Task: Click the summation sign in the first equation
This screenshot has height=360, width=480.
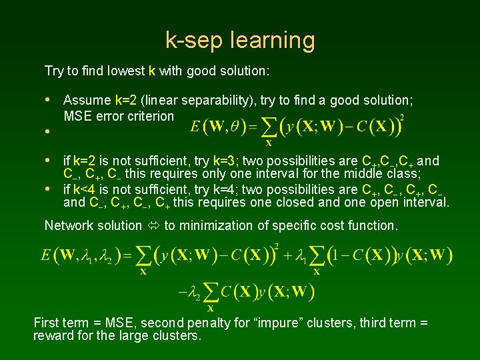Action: pyautogui.click(x=269, y=126)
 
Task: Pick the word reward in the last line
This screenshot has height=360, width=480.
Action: pyautogui.click(x=50, y=335)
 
